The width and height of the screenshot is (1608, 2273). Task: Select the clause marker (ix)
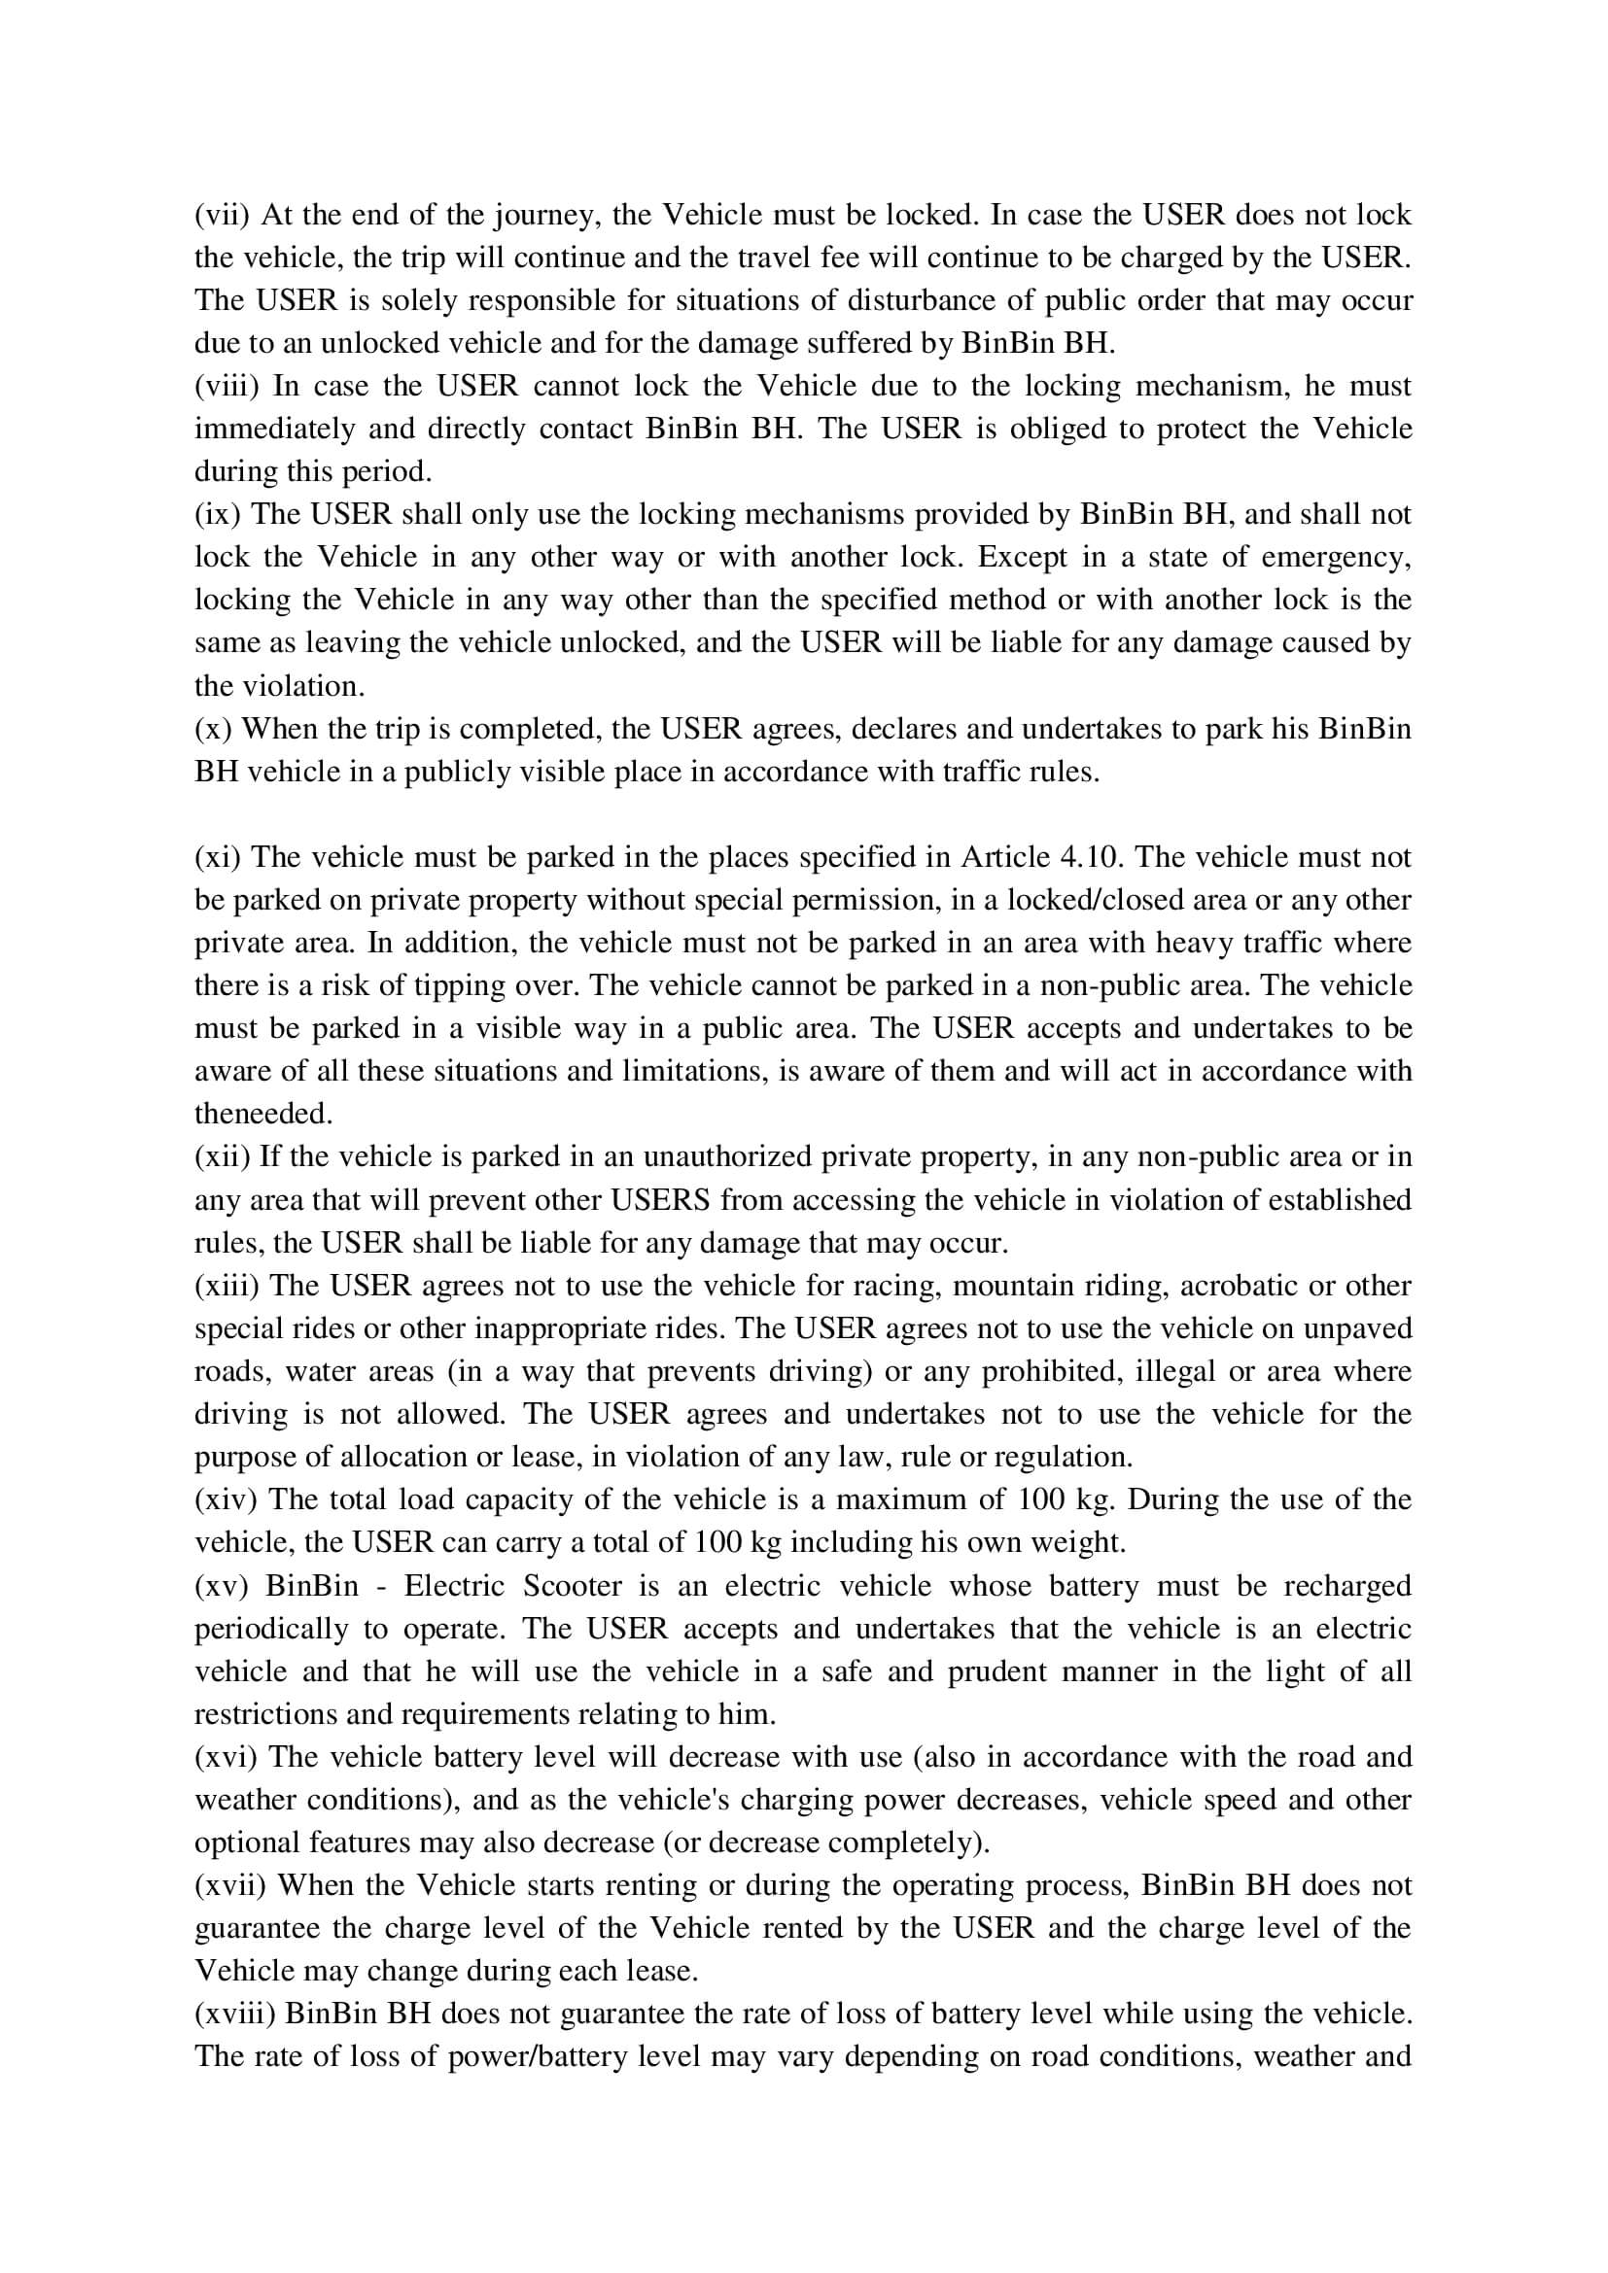217,514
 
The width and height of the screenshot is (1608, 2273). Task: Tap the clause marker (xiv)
225,1498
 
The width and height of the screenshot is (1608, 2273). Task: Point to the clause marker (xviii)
233,2013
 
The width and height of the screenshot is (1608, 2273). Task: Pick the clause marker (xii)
222,1156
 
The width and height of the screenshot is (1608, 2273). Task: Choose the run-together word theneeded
263,1114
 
